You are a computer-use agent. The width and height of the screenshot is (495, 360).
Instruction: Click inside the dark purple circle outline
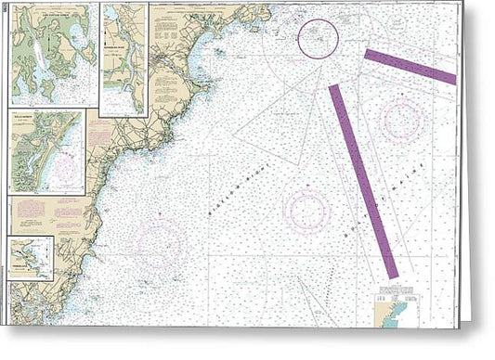point(318,39)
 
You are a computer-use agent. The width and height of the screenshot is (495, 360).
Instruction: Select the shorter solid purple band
point(410,67)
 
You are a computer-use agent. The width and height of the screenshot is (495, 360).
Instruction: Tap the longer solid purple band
point(363,181)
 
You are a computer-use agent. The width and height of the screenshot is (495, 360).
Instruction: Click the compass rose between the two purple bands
point(400,120)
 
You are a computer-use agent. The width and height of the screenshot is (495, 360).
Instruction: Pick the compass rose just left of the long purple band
point(306,211)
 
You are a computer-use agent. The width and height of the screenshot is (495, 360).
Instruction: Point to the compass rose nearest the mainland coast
point(160,243)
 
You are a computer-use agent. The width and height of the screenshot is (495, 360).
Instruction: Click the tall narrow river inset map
point(124,58)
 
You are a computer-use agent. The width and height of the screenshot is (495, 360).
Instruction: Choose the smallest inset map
point(31,258)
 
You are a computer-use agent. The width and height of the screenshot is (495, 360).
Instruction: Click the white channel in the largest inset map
point(34,56)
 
